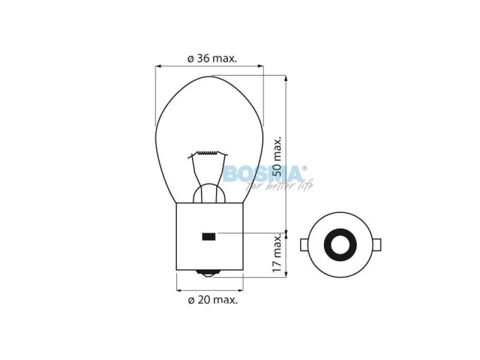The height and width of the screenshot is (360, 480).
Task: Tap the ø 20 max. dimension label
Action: (213, 299)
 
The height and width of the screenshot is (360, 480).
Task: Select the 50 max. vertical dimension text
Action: (277, 156)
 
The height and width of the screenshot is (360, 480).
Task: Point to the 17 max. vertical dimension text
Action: (277, 253)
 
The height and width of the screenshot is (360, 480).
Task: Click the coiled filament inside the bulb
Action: (207, 153)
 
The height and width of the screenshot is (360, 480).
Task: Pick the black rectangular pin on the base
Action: (208, 236)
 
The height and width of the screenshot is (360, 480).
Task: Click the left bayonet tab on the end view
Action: (304, 245)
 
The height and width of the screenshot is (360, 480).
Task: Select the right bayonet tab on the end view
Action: (377, 245)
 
